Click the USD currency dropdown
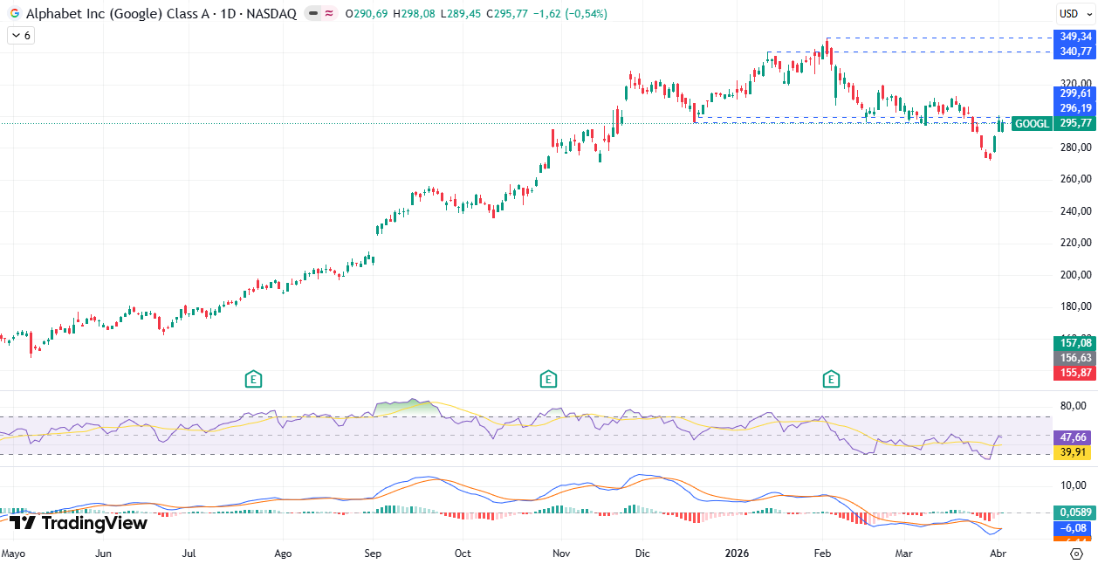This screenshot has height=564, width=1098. (1069, 13)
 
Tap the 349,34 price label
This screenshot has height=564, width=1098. (1075, 37)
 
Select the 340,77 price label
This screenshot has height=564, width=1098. (1075, 52)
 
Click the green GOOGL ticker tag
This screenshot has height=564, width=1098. (1033, 124)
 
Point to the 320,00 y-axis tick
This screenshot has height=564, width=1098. (1075, 84)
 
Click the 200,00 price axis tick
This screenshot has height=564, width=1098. (1075, 274)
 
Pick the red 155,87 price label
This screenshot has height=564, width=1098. (1075, 373)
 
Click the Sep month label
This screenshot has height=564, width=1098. (373, 553)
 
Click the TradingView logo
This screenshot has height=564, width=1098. (79, 523)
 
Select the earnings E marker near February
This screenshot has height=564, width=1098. (831, 379)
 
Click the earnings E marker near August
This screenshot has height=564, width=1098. (253, 379)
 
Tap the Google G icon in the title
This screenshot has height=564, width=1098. (15, 14)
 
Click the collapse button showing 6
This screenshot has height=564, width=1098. (21, 35)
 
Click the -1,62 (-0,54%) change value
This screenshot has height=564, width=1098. (574, 14)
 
